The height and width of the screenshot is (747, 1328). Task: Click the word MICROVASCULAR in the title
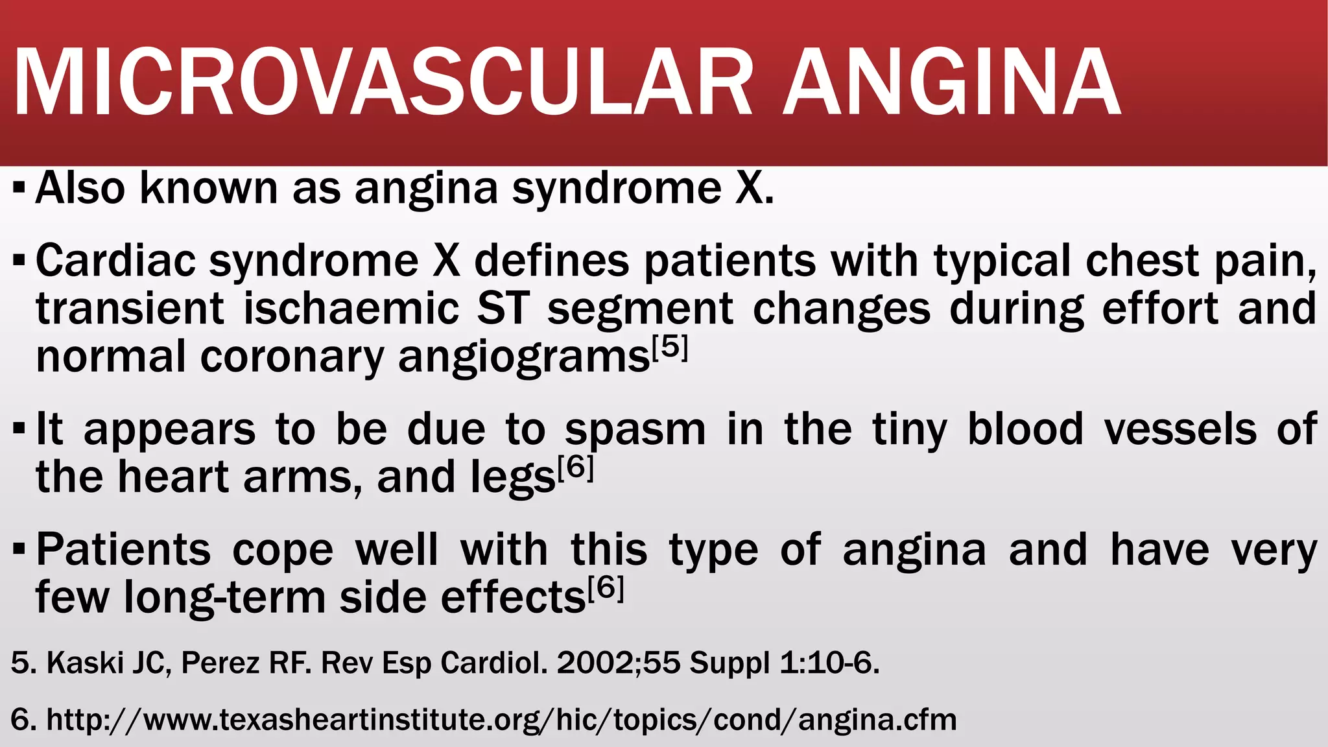[383, 83]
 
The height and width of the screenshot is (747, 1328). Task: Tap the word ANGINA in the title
[952, 83]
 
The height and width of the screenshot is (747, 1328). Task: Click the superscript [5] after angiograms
[669, 348]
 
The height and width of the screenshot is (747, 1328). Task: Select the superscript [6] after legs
[575, 468]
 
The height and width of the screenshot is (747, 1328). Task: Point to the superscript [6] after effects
[606, 589]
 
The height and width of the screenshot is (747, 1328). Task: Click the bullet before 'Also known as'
[19, 189]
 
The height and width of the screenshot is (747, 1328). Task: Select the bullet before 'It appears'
[19, 429]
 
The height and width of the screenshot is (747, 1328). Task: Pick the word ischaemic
[351, 309]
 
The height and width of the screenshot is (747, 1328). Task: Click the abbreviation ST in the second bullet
[503, 309]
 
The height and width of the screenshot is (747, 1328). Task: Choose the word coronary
[292, 357]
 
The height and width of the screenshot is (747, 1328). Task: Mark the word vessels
[1180, 429]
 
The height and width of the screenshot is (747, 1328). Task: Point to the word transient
[130, 309]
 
